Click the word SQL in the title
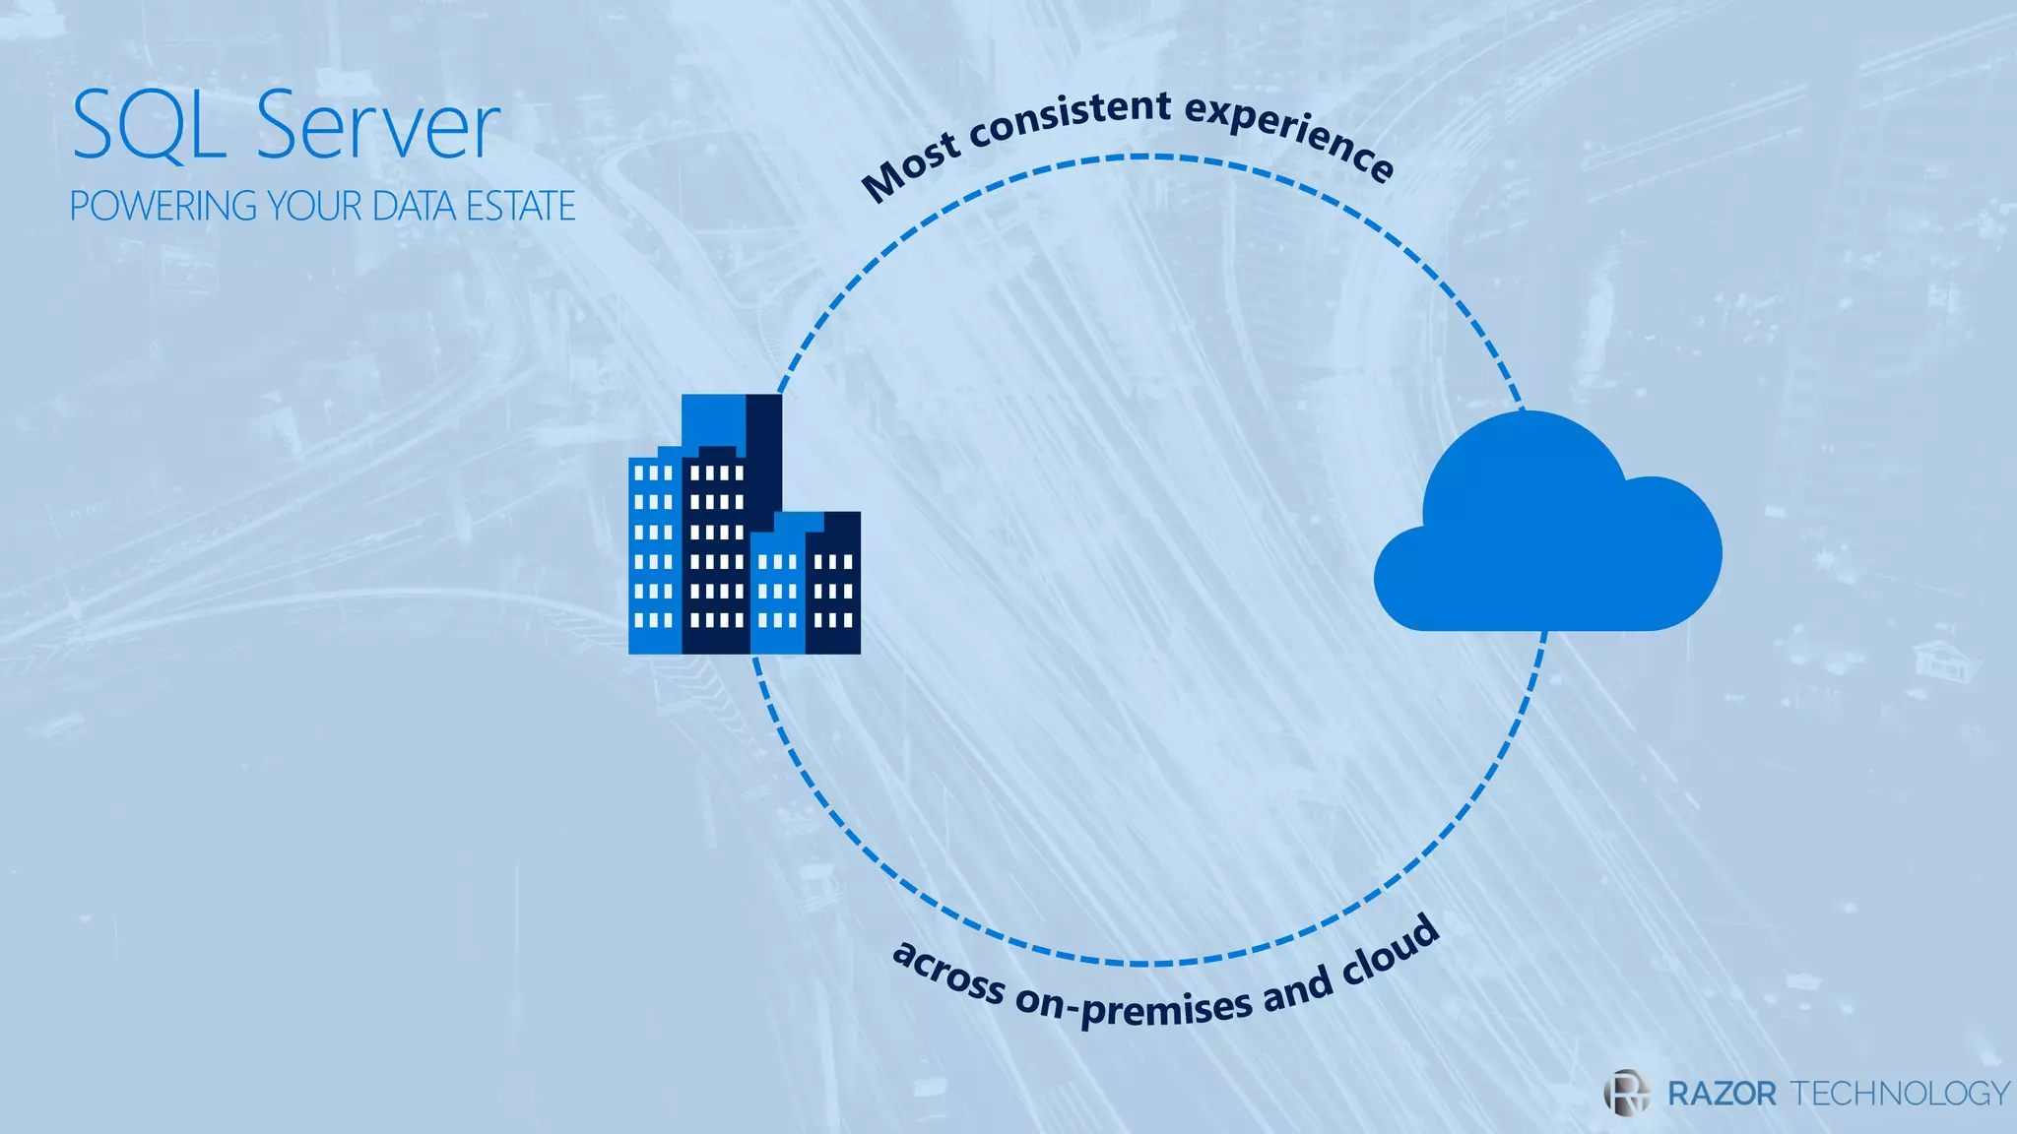(148, 125)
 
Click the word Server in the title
(378, 125)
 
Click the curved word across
(947, 973)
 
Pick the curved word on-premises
(1133, 1006)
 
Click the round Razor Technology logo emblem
(1626, 1092)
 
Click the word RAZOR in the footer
(1722, 1094)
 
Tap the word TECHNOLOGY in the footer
(1899, 1094)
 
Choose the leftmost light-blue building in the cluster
(654, 556)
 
